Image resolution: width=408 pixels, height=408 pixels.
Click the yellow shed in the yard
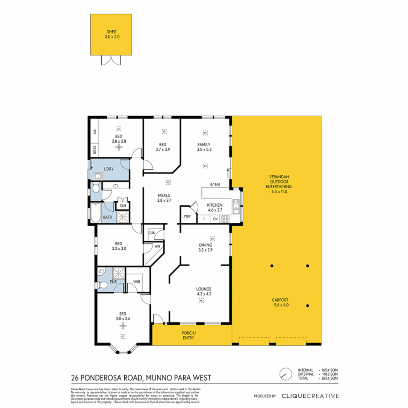coord(111,35)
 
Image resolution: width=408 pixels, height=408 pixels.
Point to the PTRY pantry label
coord(187,216)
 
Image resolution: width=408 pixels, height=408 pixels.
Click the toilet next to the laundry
coord(95,187)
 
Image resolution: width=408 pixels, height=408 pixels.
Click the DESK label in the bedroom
coord(94,150)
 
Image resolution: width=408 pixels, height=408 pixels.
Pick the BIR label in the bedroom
coord(95,132)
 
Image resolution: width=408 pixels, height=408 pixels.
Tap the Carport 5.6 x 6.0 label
coord(280,303)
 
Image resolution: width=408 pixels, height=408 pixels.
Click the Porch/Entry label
coord(188,335)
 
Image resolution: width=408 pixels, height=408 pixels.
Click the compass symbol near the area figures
coord(285,374)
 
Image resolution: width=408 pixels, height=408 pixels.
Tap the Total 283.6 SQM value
coord(329,378)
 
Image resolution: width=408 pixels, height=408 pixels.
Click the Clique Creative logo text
coord(310,396)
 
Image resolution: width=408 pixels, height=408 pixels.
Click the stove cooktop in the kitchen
coord(226,219)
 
